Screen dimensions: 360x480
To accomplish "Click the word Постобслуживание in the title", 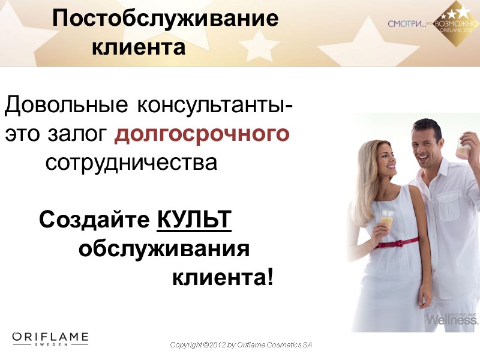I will tap(165, 19).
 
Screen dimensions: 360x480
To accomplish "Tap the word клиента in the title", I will tap(139, 47).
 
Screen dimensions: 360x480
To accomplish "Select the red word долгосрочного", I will tap(202, 134).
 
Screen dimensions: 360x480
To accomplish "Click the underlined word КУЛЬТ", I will tap(194, 220).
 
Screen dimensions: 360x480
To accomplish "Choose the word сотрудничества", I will tap(131, 163).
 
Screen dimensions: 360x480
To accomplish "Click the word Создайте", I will tap(94, 220).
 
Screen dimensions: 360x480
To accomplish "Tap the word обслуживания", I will tap(164, 248).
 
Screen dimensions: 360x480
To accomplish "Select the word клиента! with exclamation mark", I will tap(223, 277).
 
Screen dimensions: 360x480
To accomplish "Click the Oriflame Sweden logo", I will tap(50, 339).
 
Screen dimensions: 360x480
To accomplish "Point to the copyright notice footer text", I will tap(241, 345).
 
